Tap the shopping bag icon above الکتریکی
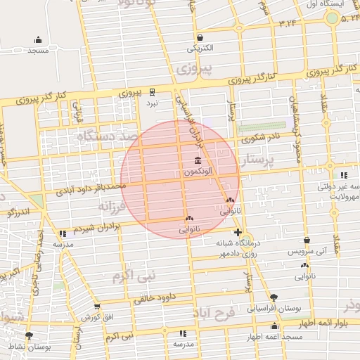point(200,38)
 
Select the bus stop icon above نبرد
point(152,91)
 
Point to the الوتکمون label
point(200,172)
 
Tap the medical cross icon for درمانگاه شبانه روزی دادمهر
point(238,232)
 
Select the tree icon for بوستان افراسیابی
point(274,297)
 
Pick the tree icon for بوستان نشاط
point(29,336)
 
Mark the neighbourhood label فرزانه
point(116,207)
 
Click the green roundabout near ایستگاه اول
point(332,17)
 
